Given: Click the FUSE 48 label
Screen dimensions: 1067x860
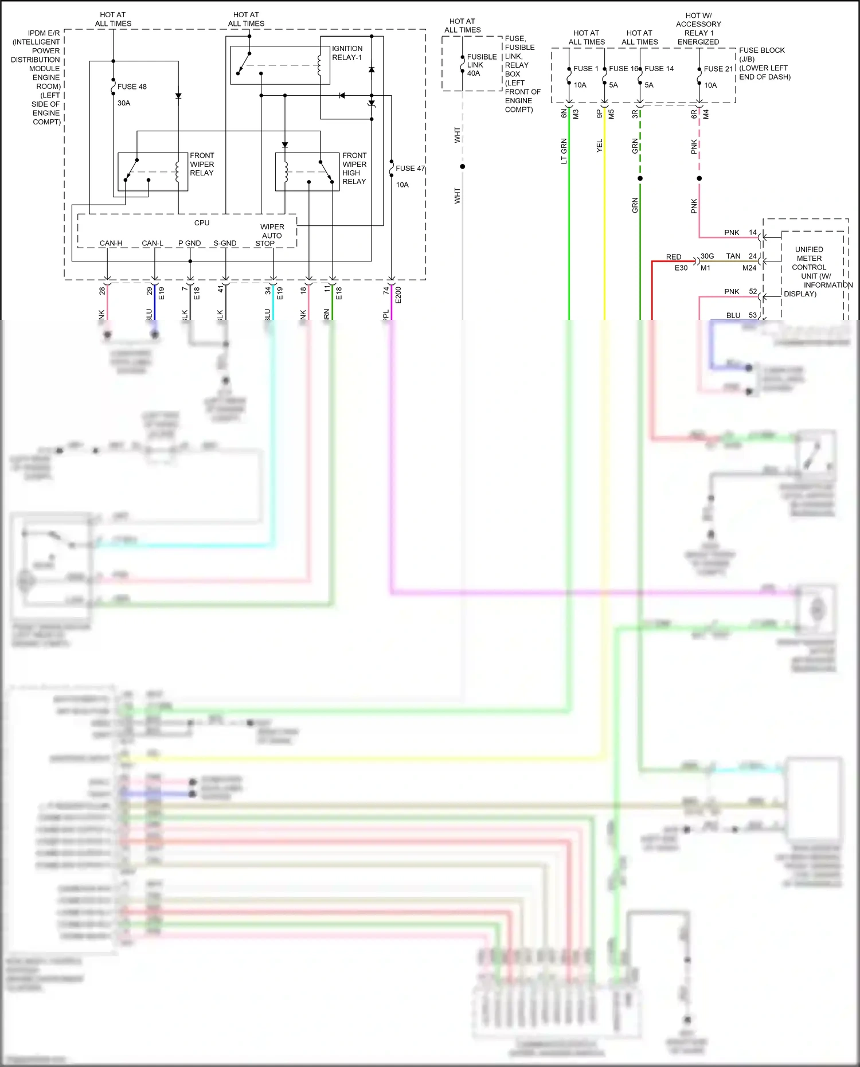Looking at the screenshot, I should [x=132, y=87].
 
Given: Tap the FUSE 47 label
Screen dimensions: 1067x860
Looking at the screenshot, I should [x=410, y=168].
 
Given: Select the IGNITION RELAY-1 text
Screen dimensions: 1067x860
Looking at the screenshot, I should [x=347, y=53].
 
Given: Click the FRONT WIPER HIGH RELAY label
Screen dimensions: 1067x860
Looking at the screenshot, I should [x=354, y=168].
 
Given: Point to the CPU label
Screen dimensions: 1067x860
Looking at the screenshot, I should [x=202, y=222].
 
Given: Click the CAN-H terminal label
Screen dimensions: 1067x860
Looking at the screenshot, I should [x=111, y=243].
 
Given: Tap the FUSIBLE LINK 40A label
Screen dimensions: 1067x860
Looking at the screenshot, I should [x=481, y=65].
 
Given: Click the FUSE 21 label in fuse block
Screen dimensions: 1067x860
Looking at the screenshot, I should [x=718, y=68].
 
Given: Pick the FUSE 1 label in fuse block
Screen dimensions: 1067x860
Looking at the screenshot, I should [x=585, y=68].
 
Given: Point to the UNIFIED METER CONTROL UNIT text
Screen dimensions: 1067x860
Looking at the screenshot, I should [x=809, y=263].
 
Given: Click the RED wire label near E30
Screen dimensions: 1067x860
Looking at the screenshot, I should [x=674, y=257].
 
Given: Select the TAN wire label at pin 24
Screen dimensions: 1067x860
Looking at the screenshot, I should [x=733, y=256].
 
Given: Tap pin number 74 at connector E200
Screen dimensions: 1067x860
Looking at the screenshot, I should [x=386, y=291].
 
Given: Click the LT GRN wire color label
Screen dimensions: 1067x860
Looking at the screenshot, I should [x=564, y=151].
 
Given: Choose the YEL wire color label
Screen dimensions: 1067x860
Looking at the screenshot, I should [x=600, y=146].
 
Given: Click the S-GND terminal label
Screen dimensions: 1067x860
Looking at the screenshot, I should [x=225, y=243].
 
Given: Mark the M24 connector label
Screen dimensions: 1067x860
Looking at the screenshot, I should [x=749, y=268].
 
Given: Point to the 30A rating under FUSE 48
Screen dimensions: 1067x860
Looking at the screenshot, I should [x=124, y=103].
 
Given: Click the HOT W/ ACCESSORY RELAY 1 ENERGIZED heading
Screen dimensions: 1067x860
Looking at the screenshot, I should [x=698, y=29].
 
